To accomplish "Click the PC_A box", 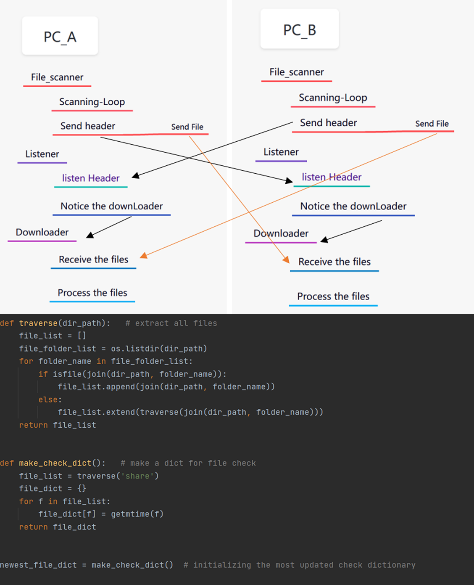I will click(60, 36).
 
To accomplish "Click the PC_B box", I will click(299, 29).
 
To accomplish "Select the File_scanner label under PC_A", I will click(57, 77).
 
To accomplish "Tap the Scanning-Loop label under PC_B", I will click(333, 98).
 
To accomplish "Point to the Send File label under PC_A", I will click(187, 127).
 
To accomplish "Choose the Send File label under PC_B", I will click(432, 124).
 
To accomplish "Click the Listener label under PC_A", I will click(42, 154).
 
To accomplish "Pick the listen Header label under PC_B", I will click(332, 177).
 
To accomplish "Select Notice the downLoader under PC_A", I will click(111, 206).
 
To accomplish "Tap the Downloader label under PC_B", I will click(281, 233).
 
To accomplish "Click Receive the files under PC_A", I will click(93, 259).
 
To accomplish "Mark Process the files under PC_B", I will click(333, 296).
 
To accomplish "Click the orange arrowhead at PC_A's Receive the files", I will click(144, 255).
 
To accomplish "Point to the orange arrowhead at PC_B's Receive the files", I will click(286, 259).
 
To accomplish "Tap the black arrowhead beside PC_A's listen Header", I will click(135, 176).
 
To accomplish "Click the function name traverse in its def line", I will click(38, 323).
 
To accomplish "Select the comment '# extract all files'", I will click(171, 323).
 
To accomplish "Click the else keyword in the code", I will click(48, 400).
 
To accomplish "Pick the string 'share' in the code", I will click(137, 476).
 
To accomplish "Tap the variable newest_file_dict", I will click(38, 565).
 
